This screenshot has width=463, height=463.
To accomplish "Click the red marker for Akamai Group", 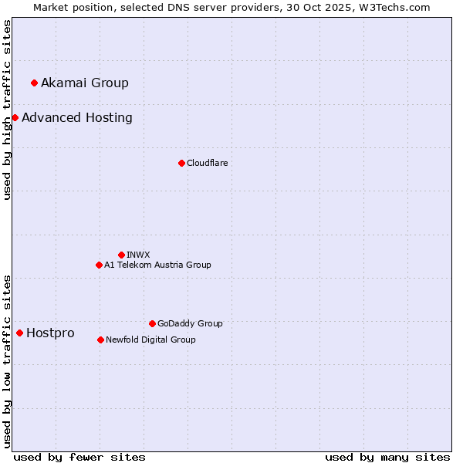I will (x=34, y=83).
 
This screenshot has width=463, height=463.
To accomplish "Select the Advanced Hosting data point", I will (x=15, y=117).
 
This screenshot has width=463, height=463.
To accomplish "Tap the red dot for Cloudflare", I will (x=181, y=163).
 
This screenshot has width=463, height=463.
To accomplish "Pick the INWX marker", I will (x=121, y=255).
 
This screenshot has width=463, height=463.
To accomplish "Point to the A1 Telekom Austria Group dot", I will (x=99, y=265).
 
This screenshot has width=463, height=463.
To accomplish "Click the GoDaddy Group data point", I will (x=152, y=323).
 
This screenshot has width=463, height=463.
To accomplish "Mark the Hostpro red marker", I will (x=19, y=333).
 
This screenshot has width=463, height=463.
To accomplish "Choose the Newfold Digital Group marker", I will (x=100, y=340).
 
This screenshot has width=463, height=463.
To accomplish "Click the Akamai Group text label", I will (x=85, y=83).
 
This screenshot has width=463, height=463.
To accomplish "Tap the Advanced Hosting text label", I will (x=77, y=117).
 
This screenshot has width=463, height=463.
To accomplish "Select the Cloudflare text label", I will (x=207, y=163).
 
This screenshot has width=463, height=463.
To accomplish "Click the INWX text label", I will (x=138, y=255).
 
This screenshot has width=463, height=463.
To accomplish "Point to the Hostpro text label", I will (x=50, y=333).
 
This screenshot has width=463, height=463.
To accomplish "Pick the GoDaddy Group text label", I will (x=190, y=323).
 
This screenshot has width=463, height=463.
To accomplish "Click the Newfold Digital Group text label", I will (x=150, y=340).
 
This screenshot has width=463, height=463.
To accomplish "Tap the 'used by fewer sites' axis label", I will (x=79, y=457).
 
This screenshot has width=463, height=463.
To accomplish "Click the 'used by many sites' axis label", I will (x=387, y=457).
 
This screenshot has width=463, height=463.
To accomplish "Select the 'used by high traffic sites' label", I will (x=7, y=110).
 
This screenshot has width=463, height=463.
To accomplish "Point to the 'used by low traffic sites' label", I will (x=7, y=360).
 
